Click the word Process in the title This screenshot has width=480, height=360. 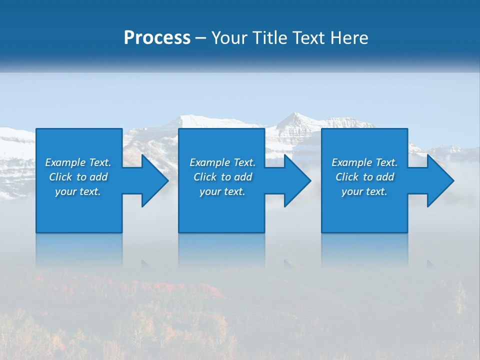157,38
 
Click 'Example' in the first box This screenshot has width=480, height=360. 65,162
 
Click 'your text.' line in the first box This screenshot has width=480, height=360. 78,191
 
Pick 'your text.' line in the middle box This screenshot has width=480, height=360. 222,191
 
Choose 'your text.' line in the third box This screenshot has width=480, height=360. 364,191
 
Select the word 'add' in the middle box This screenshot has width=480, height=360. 243,177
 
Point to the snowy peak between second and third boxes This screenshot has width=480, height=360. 295,118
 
